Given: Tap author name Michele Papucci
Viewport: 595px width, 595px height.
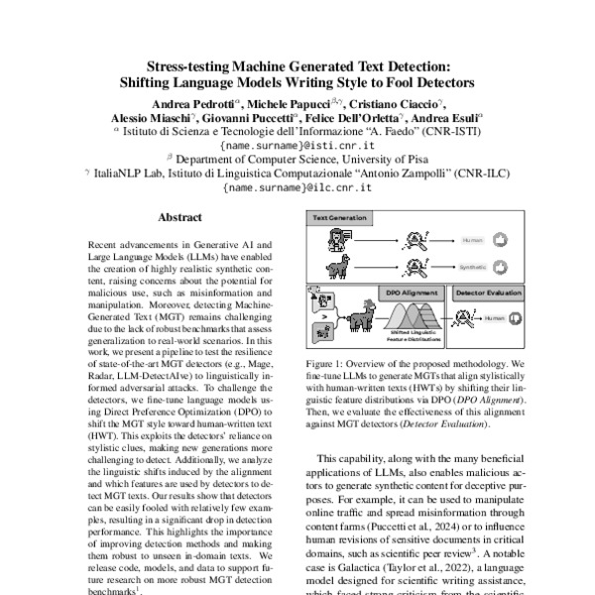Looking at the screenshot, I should pos(284,102).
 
